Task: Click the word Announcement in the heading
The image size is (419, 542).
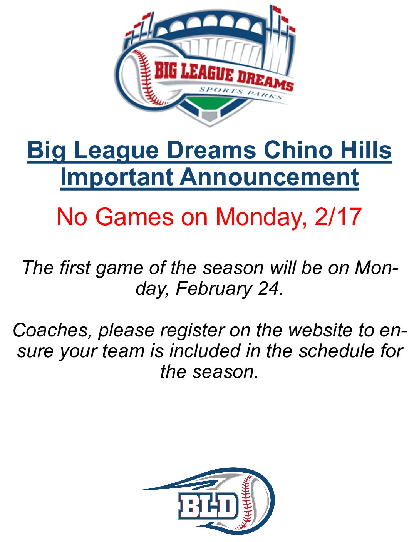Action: point(270,177)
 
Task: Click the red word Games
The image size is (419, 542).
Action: point(135,217)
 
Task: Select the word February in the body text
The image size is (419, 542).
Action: point(214,289)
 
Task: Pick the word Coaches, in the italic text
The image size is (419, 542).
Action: point(52,331)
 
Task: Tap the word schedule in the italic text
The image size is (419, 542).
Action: point(337,351)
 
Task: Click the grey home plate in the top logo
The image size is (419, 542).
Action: point(209,115)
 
